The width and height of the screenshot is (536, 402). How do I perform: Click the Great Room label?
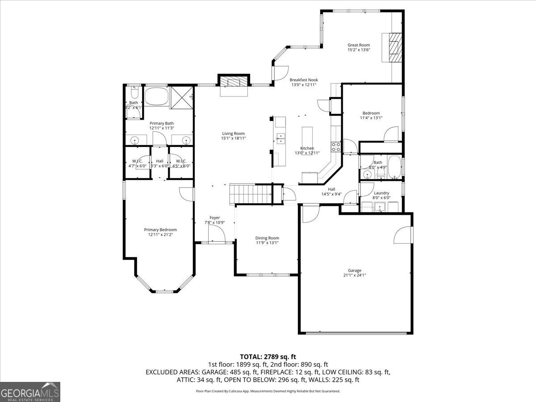point(359,45)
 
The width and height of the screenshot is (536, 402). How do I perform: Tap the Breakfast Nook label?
point(304,80)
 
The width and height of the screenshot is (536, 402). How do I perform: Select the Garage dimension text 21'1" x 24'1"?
point(355,275)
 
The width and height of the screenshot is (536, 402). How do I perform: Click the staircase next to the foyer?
point(251,194)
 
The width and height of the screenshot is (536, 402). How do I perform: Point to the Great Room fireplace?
point(393,47)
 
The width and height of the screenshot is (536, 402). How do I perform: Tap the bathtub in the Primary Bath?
point(156,96)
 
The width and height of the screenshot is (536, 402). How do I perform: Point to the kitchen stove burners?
point(335,145)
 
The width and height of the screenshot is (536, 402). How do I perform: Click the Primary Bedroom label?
point(160,230)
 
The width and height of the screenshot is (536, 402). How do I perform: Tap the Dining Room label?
point(267,238)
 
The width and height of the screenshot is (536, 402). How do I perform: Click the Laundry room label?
point(381,193)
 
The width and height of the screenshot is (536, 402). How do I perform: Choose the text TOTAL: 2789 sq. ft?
point(268,356)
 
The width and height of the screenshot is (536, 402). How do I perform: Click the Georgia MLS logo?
point(30,392)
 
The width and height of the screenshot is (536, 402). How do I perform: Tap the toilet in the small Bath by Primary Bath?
point(134,93)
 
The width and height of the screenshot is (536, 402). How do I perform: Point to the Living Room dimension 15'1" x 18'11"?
point(233,138)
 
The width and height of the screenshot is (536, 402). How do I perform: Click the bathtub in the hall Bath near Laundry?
point(394,167)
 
